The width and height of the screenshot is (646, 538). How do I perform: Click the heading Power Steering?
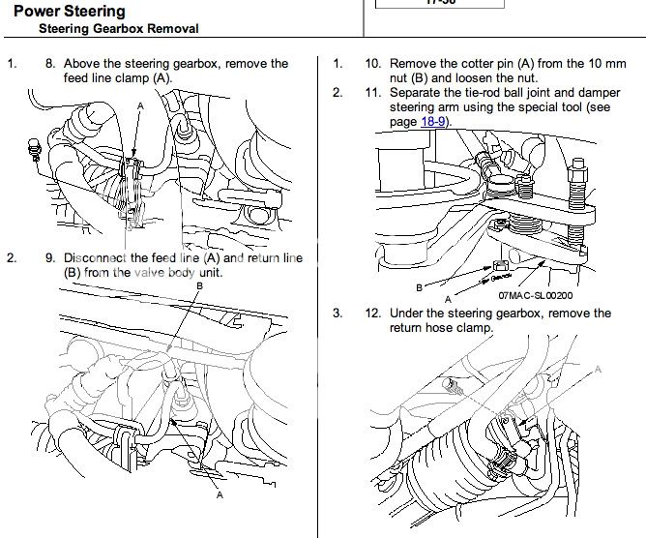click(69, 12)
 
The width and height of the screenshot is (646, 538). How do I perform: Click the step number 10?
click(372, 64)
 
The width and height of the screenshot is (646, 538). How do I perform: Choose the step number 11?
click(372, 93)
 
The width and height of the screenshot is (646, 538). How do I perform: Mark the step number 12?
click(372, 314)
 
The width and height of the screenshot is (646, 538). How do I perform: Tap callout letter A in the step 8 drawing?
click(140, 104)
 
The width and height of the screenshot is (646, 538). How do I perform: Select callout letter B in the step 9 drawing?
click(199, 286)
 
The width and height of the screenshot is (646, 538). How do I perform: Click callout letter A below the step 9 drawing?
click(220, 495)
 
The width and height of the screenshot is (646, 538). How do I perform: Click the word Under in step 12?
click(408, 314)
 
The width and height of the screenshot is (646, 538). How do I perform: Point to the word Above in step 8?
click(82, 64)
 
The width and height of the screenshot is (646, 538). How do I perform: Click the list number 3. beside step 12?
click(337, 314)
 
